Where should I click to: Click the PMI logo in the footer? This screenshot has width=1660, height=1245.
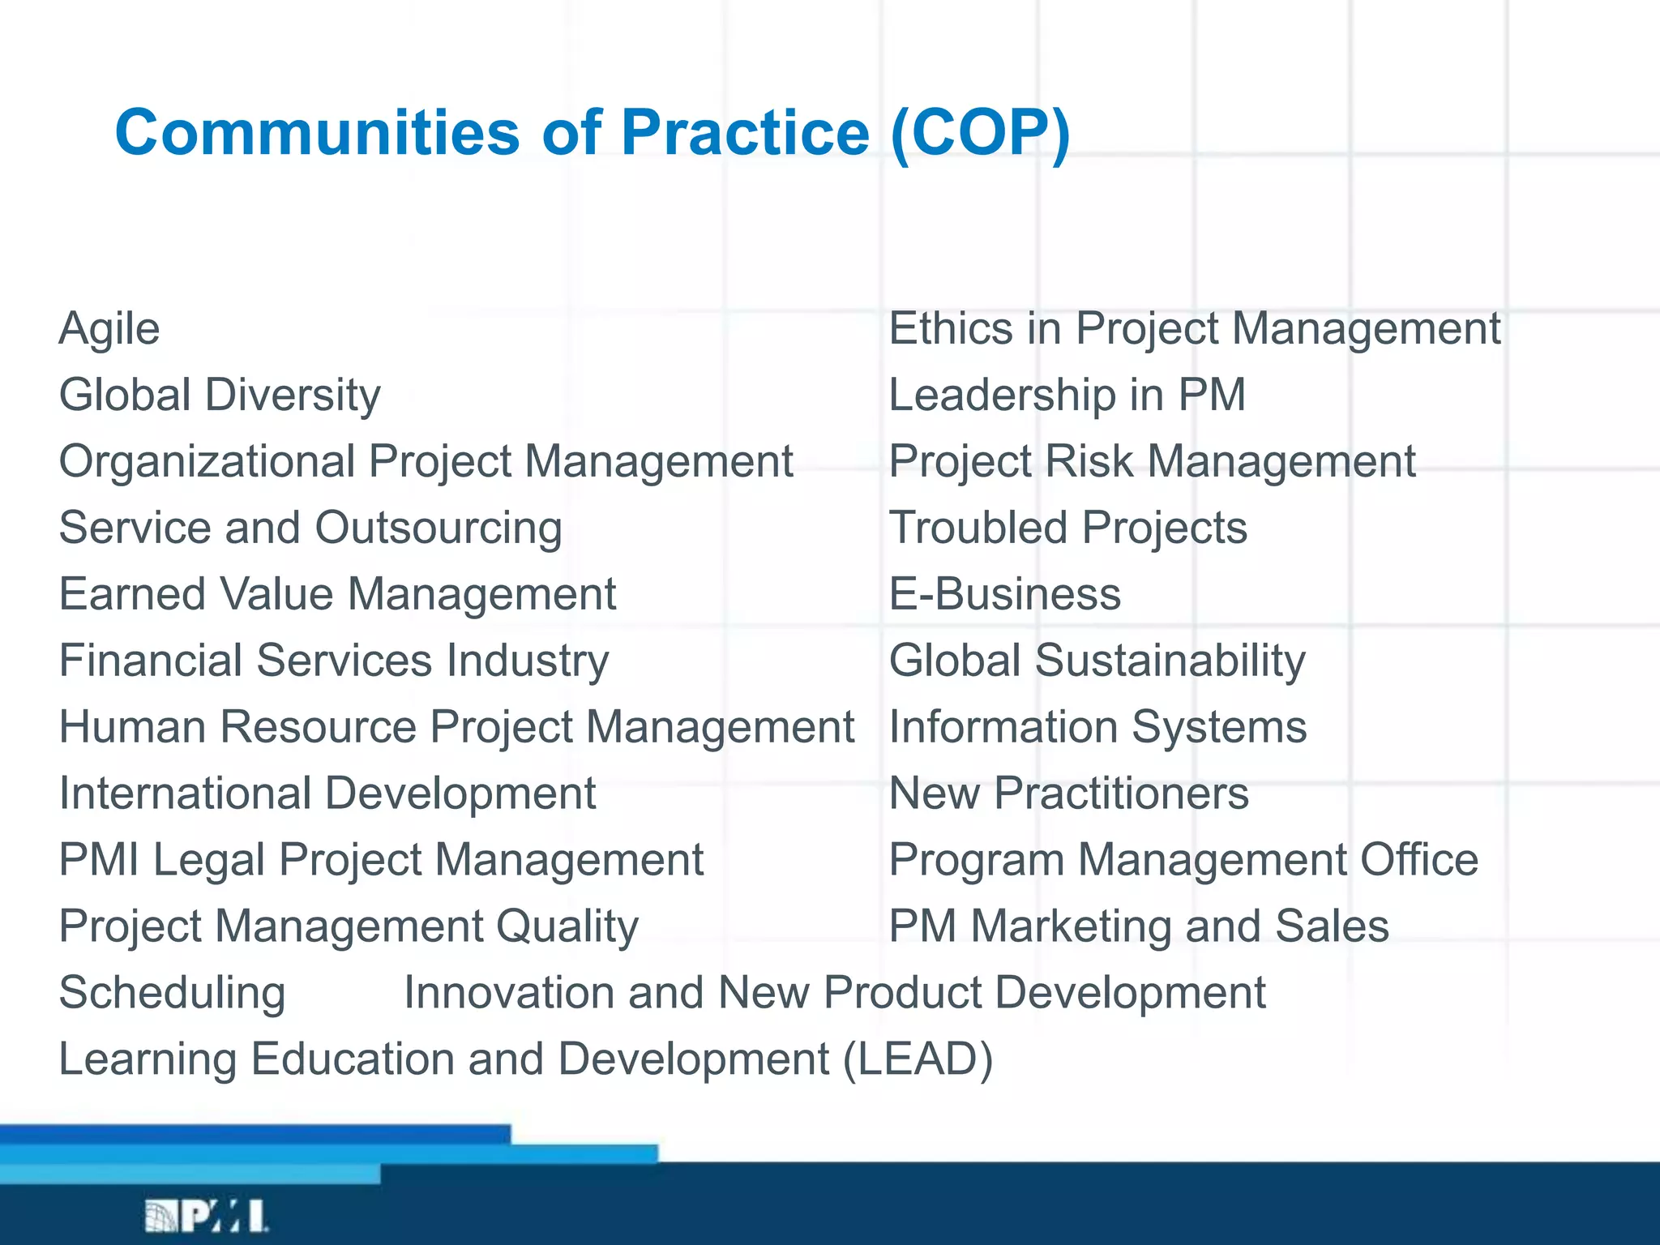(206, 1215)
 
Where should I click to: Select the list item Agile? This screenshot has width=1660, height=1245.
(109, 329)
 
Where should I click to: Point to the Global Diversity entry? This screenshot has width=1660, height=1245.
(220, 396)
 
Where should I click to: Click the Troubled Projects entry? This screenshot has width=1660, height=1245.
(1067, 528)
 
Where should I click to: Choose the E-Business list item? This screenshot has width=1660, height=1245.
(1004, 594)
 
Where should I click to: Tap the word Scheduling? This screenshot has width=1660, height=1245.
(172, 993)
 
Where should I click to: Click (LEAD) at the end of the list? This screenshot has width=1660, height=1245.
(918, 1059)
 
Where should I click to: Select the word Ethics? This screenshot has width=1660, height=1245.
(951, 329)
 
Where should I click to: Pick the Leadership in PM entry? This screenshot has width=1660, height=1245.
(1067, 396)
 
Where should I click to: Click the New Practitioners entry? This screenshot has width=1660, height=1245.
(1068, 794)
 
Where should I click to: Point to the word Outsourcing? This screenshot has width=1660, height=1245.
(439, 528)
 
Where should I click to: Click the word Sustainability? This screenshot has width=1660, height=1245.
(1170, 661)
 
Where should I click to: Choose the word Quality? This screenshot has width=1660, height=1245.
(567, 926)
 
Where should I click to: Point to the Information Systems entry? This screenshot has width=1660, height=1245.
(1097, 727)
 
